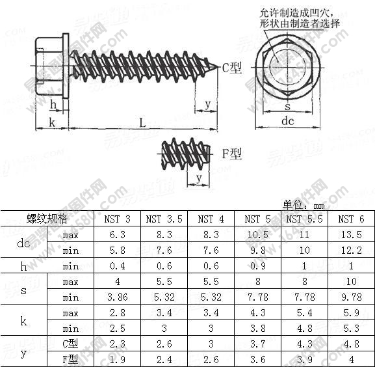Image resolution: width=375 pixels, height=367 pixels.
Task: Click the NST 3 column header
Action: pyautogui.click(x=118, y=219)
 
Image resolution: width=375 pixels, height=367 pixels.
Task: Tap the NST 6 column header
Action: pyautogui.click(x=351, y=219)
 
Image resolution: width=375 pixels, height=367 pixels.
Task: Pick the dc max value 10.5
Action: pyautogui.click(x=257, y=235)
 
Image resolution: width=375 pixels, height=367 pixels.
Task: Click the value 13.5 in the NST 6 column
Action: pyautogui.click(x=351, y=235)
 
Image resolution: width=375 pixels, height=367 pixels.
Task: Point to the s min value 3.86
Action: pyautogui.click(x=118, y=297)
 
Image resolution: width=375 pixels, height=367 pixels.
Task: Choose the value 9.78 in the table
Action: pyautogui.click(x=351, y=297)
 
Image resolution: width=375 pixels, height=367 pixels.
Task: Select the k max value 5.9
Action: pyautogui.click(x=351, y=313)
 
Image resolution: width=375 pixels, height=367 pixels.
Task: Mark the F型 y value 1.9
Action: pyautogui.click(x=118, y=359)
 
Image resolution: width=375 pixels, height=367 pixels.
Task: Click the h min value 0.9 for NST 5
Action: pyautogui.click(x=257, y=266)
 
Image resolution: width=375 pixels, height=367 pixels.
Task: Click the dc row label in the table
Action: pyautogui.click(x=23, y=243)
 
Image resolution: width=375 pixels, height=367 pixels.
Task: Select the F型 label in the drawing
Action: pyautogui.click(x=232, y=154)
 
